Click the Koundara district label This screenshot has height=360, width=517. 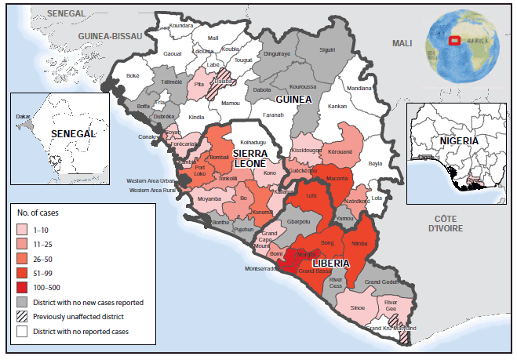pos(180,25)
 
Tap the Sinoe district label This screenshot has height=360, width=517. pos(358,308)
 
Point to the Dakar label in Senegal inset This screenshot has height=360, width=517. pos(24,116)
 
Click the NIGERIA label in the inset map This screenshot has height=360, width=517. pos(460,144)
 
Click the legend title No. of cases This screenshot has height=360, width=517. pos(39,213)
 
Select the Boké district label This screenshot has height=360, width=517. pos(133,75)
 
